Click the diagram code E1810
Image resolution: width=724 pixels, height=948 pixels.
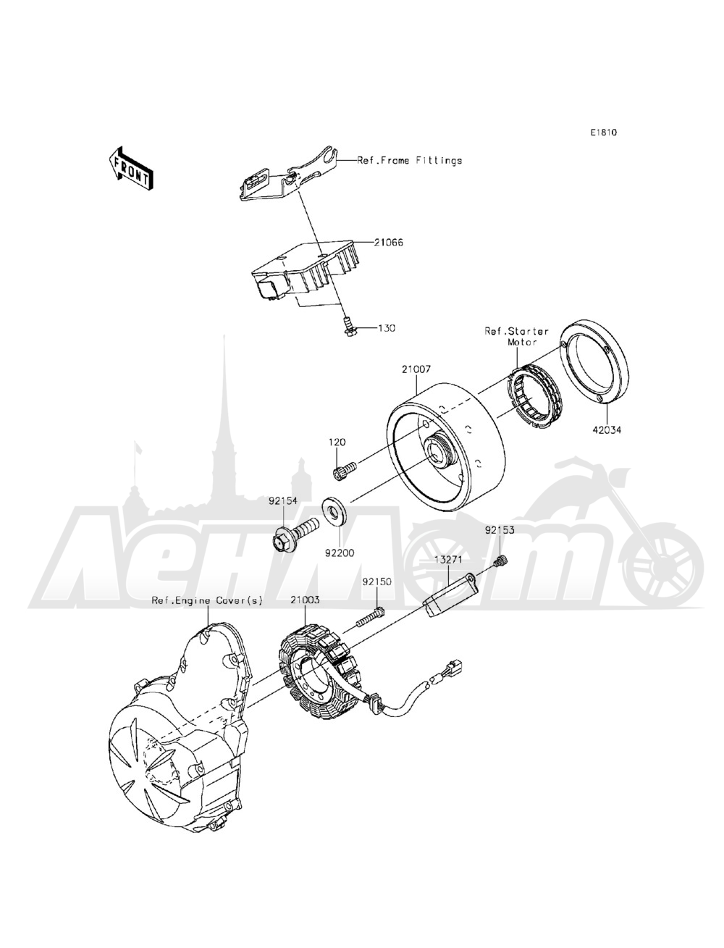[603, 133]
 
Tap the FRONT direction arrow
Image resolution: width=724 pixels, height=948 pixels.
[130, 168]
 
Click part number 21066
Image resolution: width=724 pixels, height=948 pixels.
[388, 243]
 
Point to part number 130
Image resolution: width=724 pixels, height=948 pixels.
[387, 328]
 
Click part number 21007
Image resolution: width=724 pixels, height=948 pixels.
[417, 369]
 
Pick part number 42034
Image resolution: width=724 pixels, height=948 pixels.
[606, 429]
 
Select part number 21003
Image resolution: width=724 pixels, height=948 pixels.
[306, 600]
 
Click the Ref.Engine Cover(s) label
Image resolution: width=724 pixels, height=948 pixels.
[207, 600]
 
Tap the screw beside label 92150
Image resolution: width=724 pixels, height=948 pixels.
[370, 616]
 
